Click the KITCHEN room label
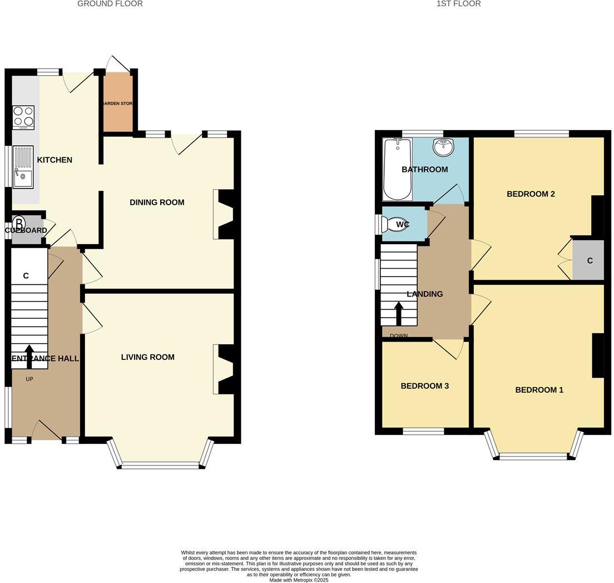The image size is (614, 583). click(x=55, y=160)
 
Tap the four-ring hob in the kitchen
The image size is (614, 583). click(x=23, y=117)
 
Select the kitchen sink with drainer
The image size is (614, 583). click(x=23, y=166)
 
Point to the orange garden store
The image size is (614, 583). click(x=117, y=103)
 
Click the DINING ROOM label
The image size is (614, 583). click(x=157, y=202)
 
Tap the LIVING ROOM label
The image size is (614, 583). click(x=148, y=357)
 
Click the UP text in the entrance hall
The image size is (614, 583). click(x=29, y=379)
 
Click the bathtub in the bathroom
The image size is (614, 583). click(x=397, y=169)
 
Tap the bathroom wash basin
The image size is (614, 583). click(x=443, y=148)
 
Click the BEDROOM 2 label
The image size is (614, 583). click(x=531, y=194)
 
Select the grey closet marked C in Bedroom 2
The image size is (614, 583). click(x=588, y=260)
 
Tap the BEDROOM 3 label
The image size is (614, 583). click(x=425, y=386)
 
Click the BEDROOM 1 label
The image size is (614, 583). click(x=539, y=390)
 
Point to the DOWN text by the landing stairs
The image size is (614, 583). click(x=399, y=336)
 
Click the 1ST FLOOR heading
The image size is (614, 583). click(x=458, y=4)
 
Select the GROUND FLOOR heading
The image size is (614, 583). click(x=110, y=4)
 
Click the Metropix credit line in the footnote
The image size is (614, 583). click(x=299, y=580)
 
